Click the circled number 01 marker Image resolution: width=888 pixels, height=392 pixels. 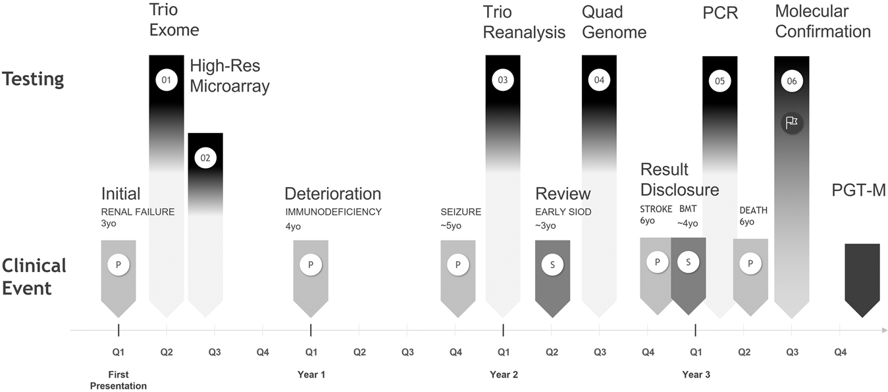pos(167,80)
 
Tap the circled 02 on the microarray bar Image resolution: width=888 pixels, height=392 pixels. pos(205,158)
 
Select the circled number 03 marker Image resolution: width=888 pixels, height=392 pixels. pos(503,80)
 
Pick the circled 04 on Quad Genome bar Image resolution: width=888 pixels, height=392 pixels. pos(599,80)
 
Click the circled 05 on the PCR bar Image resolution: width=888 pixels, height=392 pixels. pos(719,81)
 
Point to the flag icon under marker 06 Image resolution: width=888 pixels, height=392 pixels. pos(791,122)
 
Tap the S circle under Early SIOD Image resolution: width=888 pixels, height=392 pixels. pos(552,264)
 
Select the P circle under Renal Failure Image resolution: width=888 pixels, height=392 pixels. pos(118,264)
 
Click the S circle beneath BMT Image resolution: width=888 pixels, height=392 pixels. pos(688,262)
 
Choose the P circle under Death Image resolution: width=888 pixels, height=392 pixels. pos(750,264)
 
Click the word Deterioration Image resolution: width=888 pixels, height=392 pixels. pos(332,194)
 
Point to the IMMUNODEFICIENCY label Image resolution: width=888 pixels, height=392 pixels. pos(333,212)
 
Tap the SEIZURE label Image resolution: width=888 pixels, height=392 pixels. pos(461,212)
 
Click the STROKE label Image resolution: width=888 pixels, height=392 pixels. pos(656,210)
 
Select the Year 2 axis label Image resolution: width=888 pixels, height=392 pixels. pos(504,375)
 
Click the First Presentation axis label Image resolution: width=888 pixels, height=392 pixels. pos(118,380)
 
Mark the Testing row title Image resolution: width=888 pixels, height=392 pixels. pos(32,80)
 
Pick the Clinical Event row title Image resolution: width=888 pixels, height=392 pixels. pos(34,277)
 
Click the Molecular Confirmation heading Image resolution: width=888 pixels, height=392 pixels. pos(823,21)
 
